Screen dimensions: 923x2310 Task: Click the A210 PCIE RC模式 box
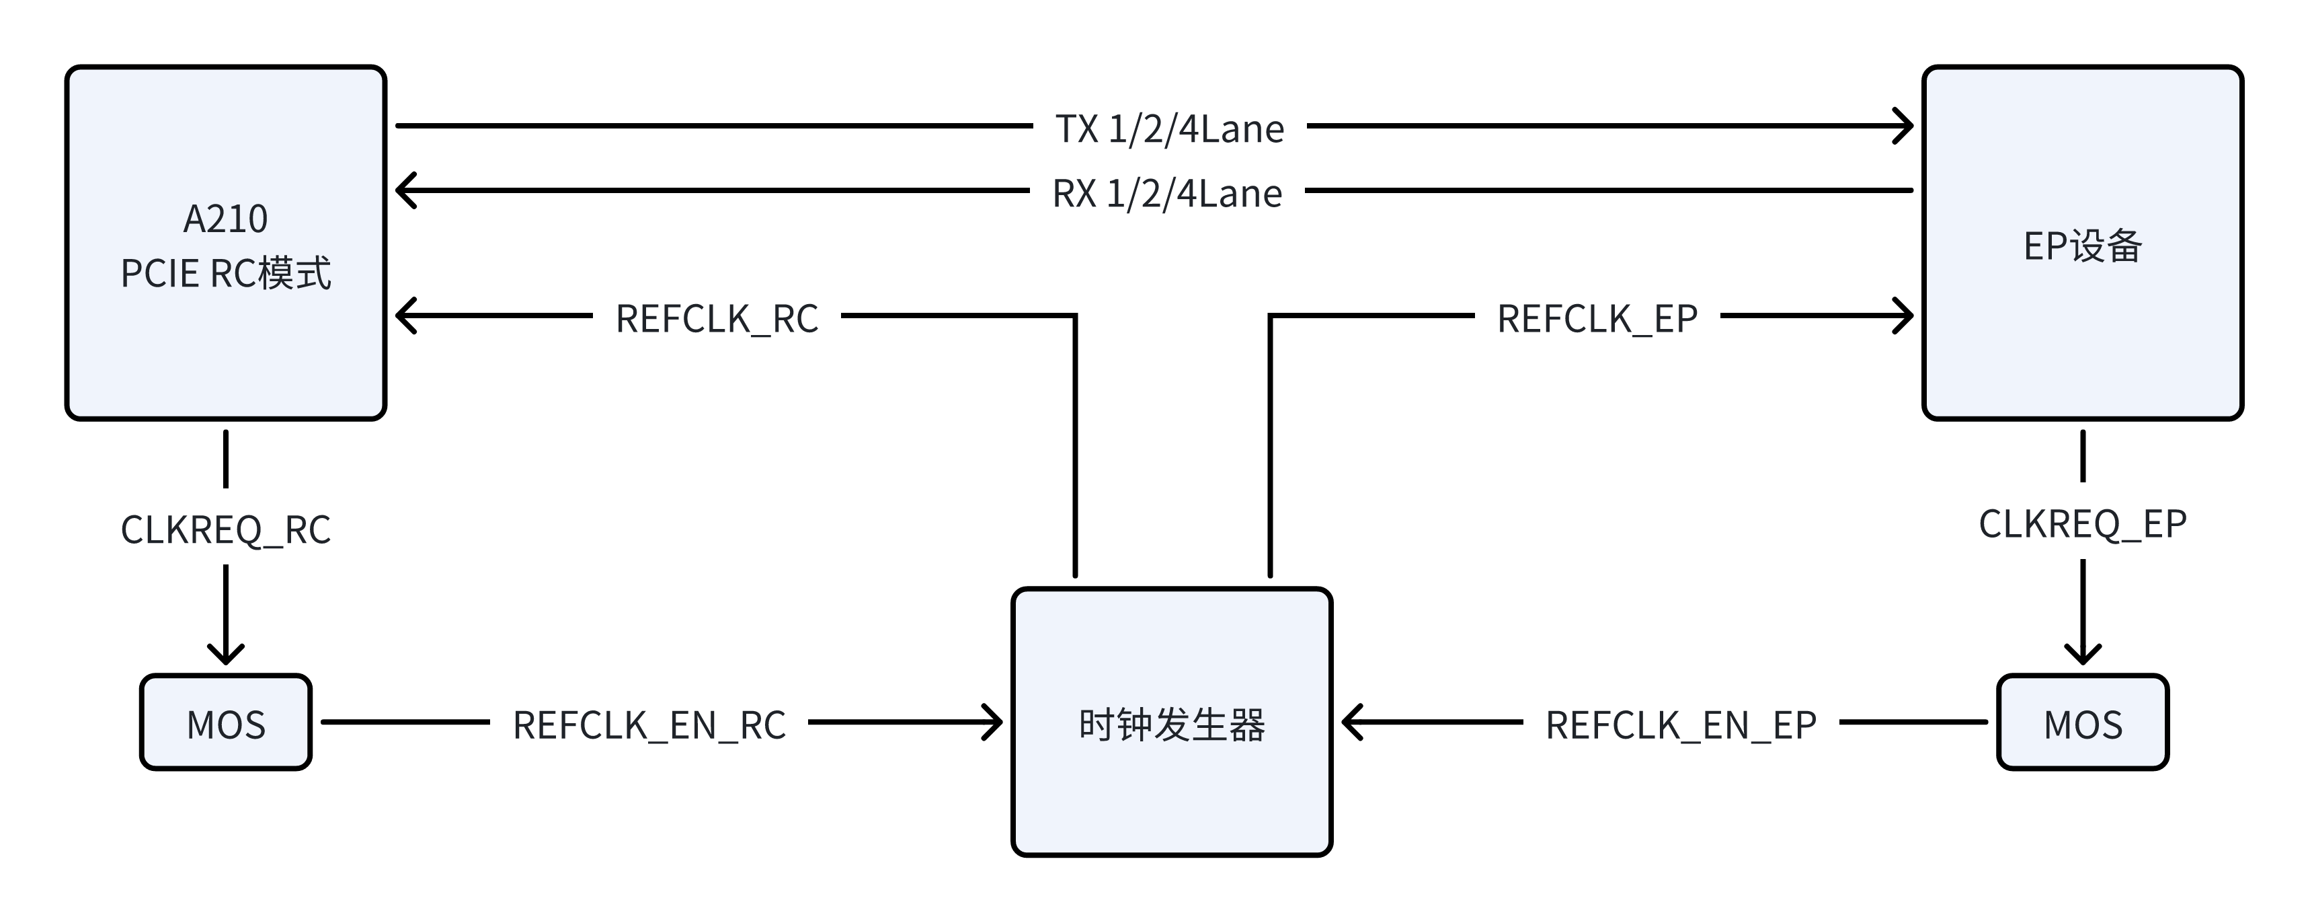[225, 242]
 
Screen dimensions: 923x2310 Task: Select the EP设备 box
[2082, 242]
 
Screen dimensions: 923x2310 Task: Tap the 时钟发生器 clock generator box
[1171, 722]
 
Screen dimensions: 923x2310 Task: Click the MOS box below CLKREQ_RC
[225, 722]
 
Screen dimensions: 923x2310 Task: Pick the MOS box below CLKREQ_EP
[2082, 722]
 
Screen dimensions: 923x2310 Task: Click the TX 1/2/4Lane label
[1169, 128]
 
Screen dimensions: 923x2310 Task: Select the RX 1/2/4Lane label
[1166, 193]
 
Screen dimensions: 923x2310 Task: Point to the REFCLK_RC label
[717, 318]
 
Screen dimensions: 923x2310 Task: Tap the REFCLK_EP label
[1597, 318]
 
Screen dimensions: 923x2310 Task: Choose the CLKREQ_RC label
[225, 529]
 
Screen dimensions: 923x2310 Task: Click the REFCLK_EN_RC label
[648, 725]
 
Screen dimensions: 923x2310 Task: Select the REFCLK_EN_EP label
[1681, 725]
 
